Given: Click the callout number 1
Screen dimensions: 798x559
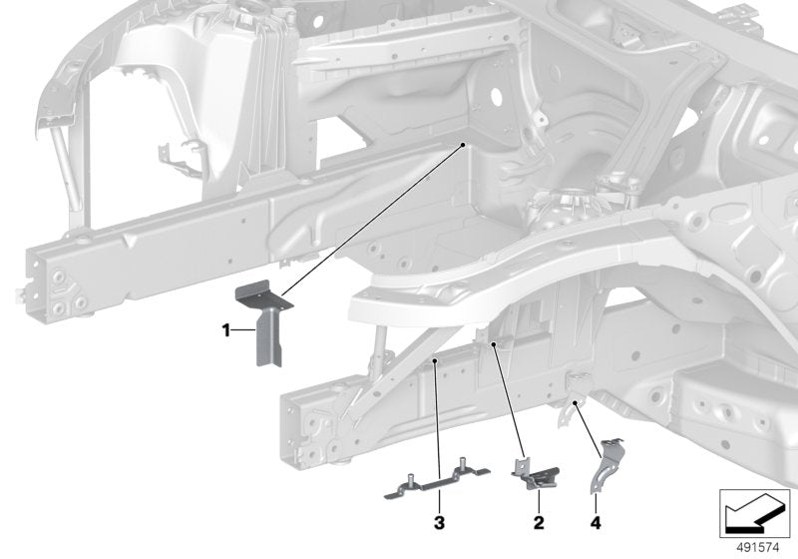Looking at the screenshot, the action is [226, 330].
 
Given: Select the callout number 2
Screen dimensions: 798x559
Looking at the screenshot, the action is [539, 522].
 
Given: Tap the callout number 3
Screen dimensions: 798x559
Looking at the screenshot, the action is [439, 522].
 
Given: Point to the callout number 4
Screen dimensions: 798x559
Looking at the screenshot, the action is [596, 522].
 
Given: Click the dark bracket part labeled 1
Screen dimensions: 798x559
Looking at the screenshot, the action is [263, 322].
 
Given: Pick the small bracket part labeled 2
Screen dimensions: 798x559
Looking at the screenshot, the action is [536, 473].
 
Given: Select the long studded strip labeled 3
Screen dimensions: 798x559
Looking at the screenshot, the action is [437, 479].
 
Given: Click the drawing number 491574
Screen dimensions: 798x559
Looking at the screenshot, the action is [758, 548].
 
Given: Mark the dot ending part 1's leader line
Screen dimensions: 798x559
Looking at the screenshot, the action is [463, 145].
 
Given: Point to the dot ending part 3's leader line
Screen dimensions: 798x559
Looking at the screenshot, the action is [435, 361].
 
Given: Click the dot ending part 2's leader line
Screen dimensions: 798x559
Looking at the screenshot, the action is [494, 344].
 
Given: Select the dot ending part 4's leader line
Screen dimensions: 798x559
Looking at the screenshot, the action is [576, 402].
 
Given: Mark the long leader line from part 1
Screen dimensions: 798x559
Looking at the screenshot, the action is [372, 221].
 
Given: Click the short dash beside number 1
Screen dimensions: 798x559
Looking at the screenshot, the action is [243, 330].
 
